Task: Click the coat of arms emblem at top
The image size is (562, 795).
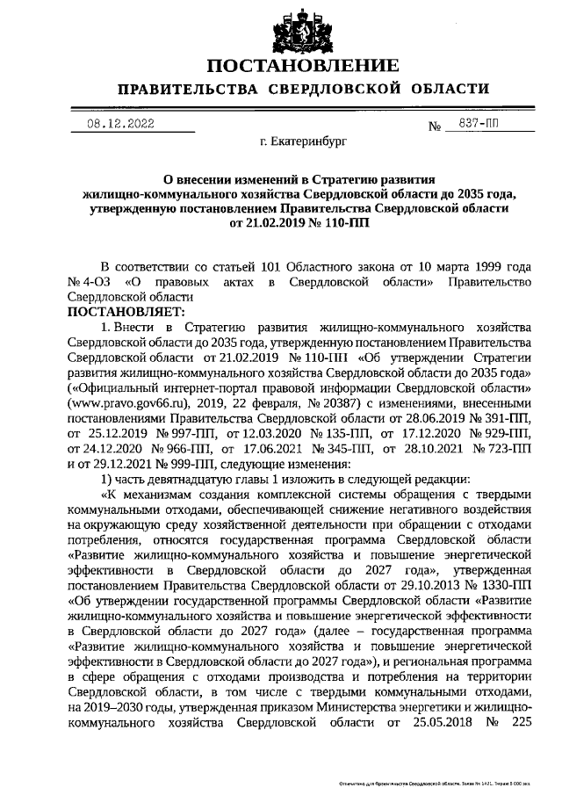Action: pos(280,27)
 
